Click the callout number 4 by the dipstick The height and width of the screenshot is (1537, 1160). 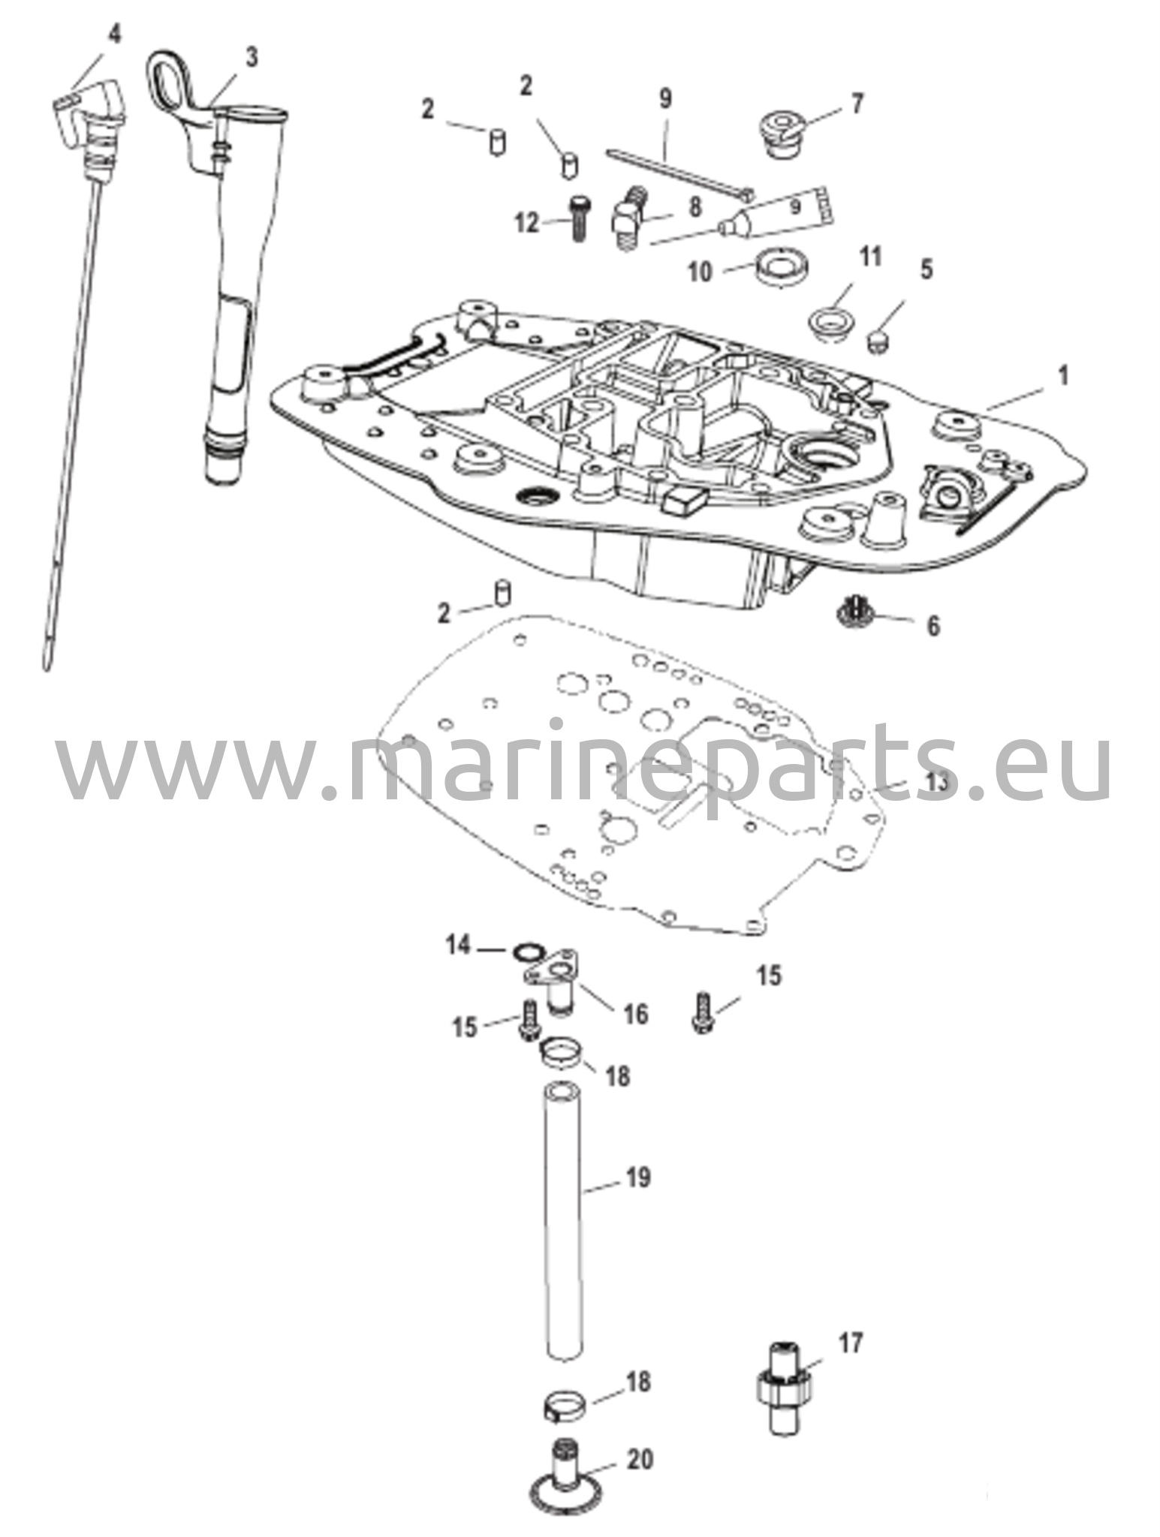(x=113, y=35)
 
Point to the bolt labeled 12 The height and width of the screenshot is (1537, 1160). (x=578, y=218)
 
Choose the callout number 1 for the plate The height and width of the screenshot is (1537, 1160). (x=1062, y=375)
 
